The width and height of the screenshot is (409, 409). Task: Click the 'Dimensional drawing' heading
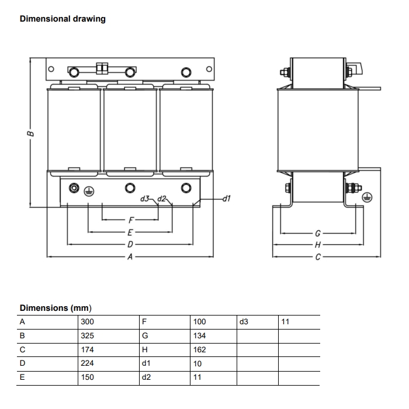point(63,19)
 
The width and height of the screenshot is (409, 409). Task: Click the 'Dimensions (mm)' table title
point(56,308)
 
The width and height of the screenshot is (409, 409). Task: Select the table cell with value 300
point(87,322)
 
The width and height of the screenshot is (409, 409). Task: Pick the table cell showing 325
point(87,336)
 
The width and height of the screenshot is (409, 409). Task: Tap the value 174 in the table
point(87,350)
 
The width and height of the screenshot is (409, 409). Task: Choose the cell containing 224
point(87,363)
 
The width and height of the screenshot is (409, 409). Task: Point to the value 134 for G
point(199,336)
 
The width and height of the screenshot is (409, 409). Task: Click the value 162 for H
point(199,350)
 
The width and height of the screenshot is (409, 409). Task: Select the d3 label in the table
point(244,322)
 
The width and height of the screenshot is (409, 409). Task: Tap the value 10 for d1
point(197,363)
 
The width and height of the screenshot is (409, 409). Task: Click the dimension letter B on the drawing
point(31,133)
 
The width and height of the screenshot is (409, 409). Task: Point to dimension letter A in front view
point(130,256)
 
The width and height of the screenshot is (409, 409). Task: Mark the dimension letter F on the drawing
point(131,221)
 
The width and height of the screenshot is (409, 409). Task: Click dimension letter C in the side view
point(317,256)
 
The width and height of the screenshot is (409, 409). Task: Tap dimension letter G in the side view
point(317,233)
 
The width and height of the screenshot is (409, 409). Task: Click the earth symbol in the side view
point(368,197)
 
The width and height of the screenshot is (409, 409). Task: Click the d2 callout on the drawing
point(163,199)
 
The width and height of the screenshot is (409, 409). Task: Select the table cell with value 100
point(199,322)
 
